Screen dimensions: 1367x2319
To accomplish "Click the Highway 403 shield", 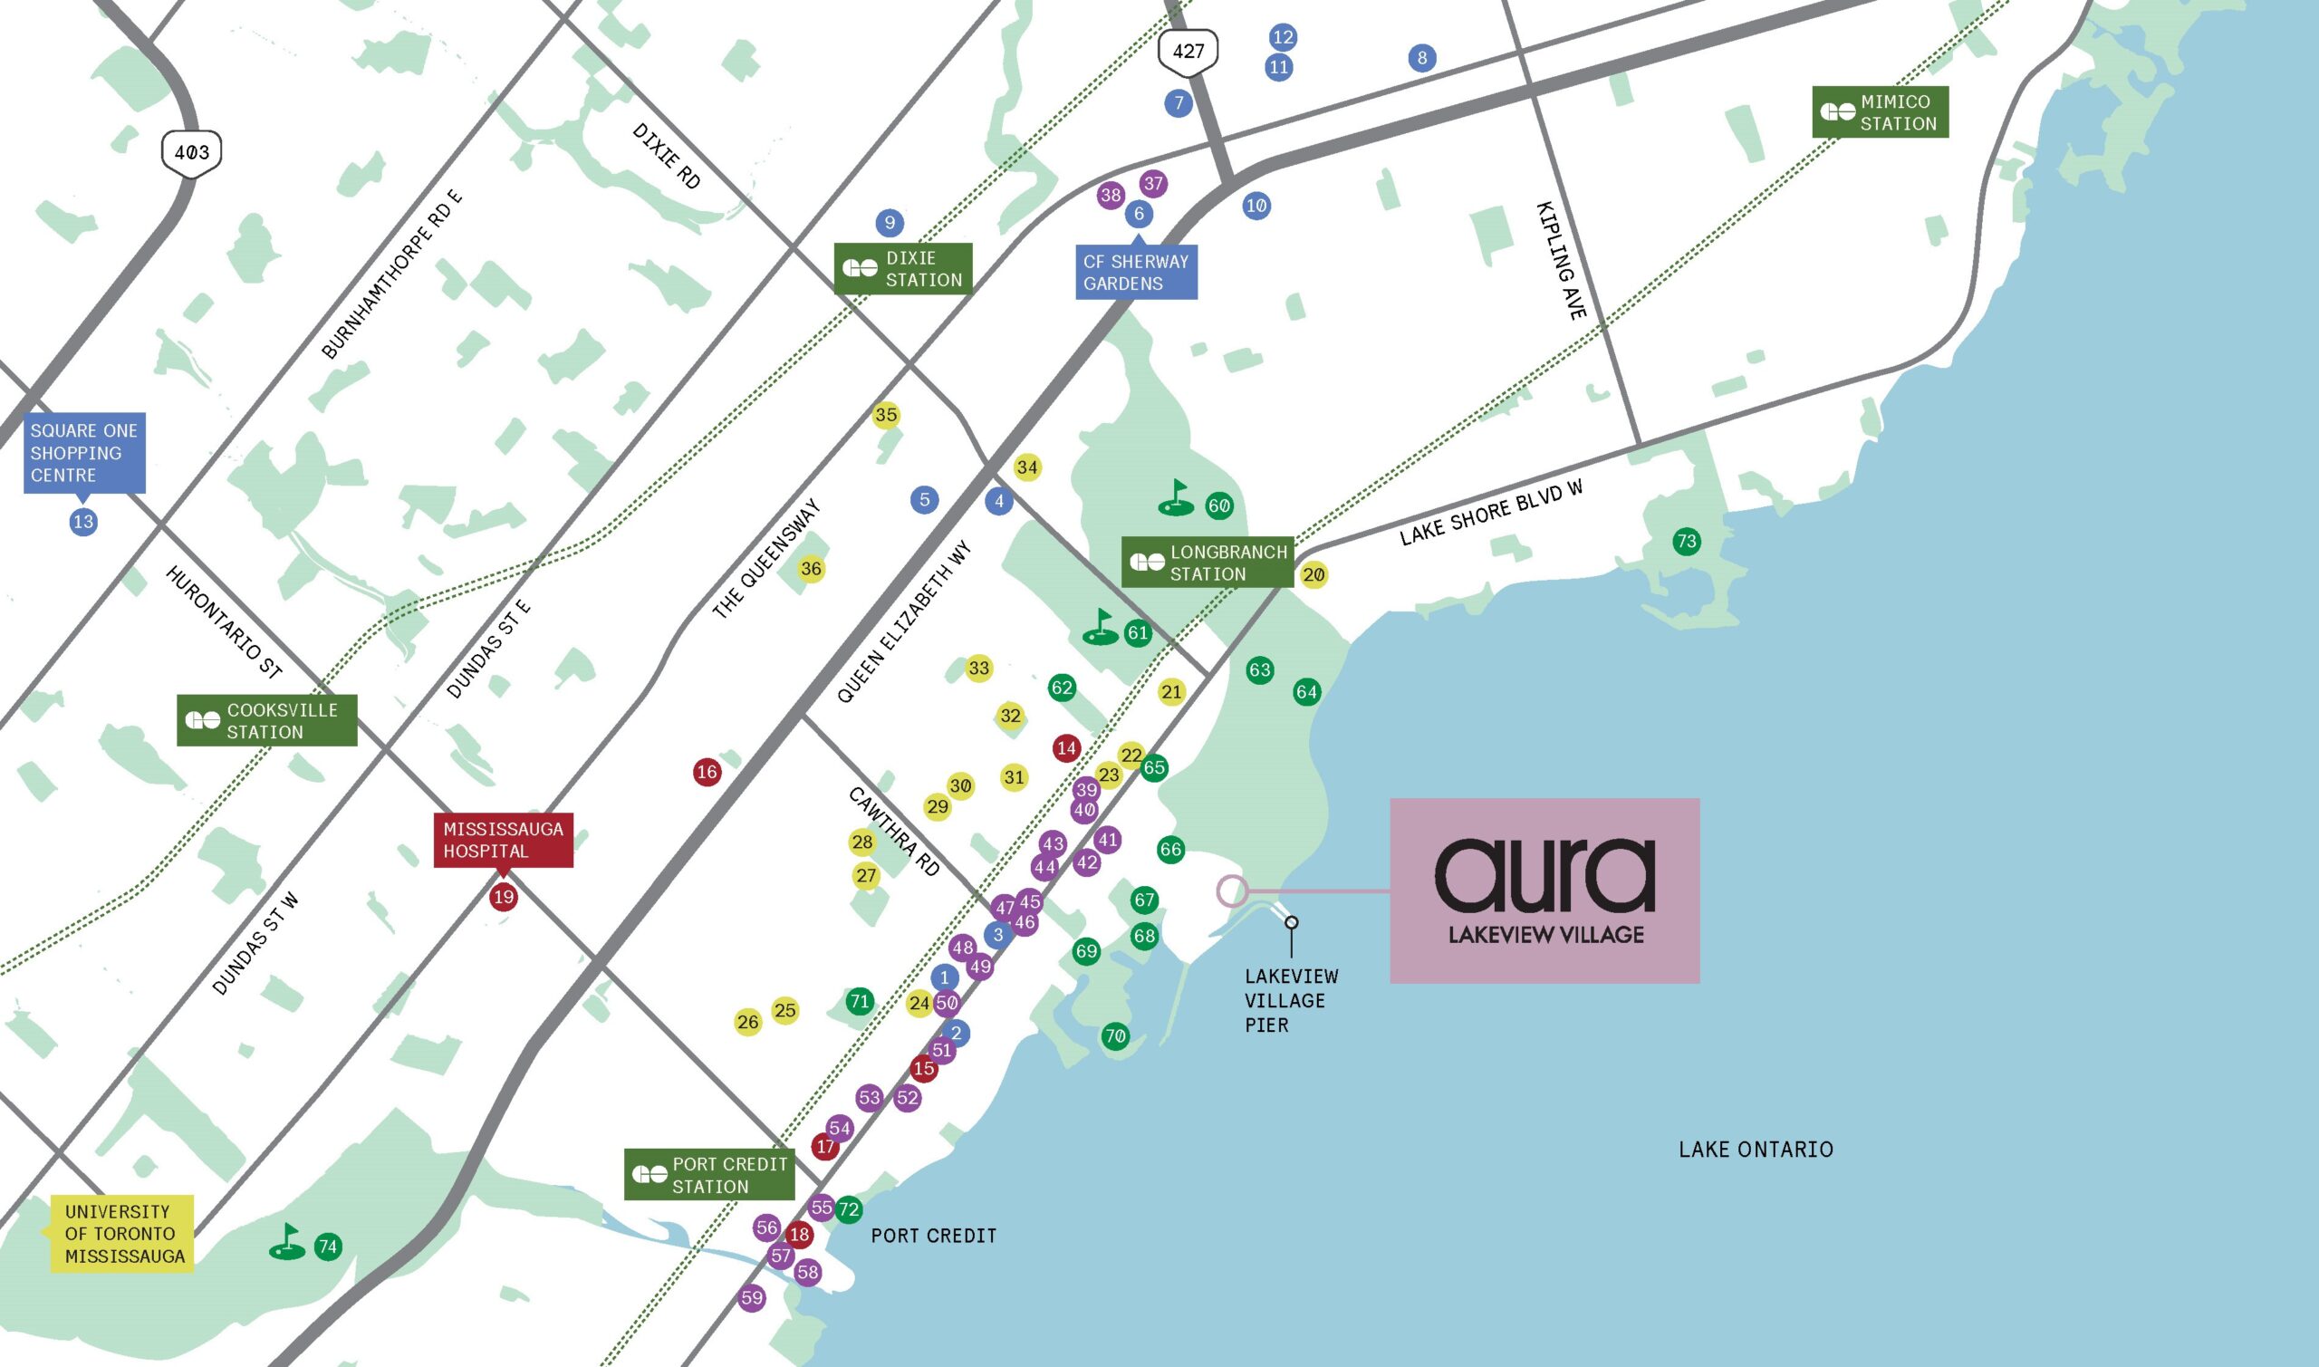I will pyautogui.click(x=191, y=152).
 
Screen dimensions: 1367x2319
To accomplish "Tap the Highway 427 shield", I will pyautogui.click(x=1188, y=52).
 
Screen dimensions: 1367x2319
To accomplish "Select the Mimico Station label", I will pyautogui.click(x=1880, y=112).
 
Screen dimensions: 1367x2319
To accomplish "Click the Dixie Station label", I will pyautogui.click(x=902, y=269).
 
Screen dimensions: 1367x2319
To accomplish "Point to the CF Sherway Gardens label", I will pyautogui.click(x=1137, y=273).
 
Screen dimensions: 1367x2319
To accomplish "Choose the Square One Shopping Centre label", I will pyautogui.click(x=84, y=452).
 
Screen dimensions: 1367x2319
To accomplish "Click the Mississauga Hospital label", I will pyautogui.click(x=503, y=840).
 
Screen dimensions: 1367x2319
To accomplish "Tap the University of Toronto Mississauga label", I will pyautogui.click(x=122, y=1234).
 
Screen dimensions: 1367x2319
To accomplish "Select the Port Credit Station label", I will pyautogui.click(x=709, y=1174).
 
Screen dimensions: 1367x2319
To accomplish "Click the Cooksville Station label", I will pyautogui.click(x=266, y=720).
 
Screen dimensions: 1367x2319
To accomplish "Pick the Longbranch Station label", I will pyautogui.click(x=1208, y=562).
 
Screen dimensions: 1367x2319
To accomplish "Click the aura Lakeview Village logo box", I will pyautogui.click(x=1544, y=890).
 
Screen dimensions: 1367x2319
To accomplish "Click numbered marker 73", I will pyautogui.click(x=1687, y=542).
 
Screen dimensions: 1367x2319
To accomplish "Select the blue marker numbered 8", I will pyautogui.click(x=1422, y=58).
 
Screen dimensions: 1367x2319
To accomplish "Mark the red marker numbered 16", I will pyautogui.click(x=707, y=772).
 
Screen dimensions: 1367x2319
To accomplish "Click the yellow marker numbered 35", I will pyautogui.click(x=886, y=415).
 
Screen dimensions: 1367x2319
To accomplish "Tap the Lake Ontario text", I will pyautogui.click(x=1756, y=1149).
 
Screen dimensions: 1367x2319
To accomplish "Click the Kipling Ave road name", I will pyautogui.click(x=1562, y=261).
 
